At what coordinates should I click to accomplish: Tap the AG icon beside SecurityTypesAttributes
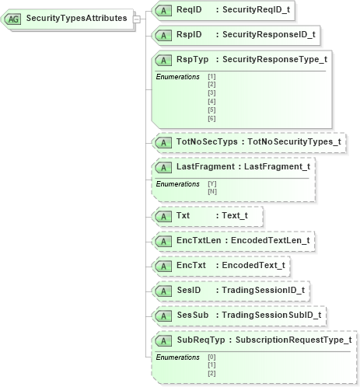tap(14, 18)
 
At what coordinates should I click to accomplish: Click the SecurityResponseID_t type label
tap(269, 34)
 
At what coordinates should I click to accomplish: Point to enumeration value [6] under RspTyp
tap(211, 119)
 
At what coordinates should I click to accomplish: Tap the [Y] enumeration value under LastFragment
tap(211, 183)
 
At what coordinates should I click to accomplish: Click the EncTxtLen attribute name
tap(199, 240)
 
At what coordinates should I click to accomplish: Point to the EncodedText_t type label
tap(253, 265)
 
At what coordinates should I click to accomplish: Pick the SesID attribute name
tap(189, 290)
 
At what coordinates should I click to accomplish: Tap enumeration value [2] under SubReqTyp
tap(211, 372)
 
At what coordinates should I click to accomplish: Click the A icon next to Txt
tap(163, 215)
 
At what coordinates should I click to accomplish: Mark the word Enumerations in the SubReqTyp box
tap(178, 357)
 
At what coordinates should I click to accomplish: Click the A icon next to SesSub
tap(163, 316)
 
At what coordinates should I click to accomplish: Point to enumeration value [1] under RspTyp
tap(211, 76)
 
